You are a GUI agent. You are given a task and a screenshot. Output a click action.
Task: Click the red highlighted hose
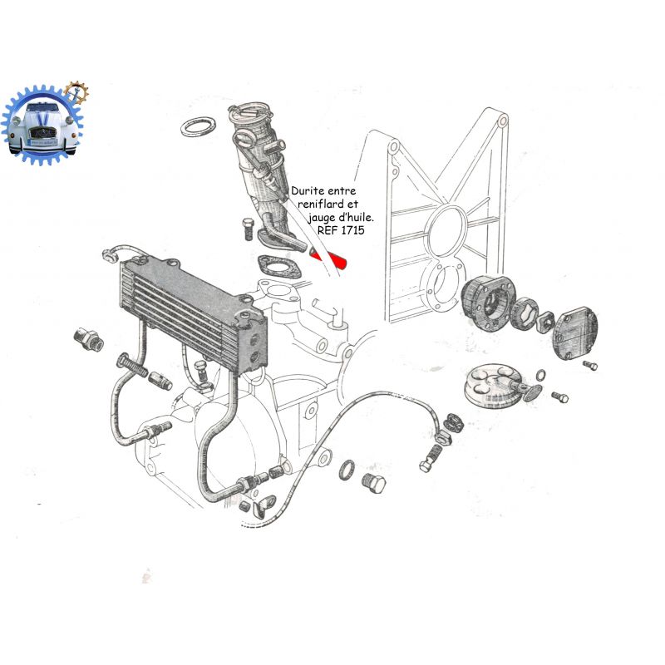[328, 259]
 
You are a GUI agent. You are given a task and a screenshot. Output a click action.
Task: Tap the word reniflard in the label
[321, 204]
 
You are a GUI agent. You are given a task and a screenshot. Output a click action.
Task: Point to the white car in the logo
[42, 127]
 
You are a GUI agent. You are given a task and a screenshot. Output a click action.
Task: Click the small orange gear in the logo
[76, 92]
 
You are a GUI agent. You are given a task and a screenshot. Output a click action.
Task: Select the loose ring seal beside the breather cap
[198, 126]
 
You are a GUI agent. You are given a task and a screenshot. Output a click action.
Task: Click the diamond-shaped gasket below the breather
[279, 266]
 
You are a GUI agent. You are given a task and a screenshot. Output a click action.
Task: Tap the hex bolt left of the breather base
[248, 229]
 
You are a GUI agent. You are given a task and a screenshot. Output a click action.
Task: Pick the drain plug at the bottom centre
[374, 482]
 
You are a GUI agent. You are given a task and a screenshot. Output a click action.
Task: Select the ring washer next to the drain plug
[347, 470]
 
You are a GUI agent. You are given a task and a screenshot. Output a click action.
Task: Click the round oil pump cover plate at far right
[575, 335]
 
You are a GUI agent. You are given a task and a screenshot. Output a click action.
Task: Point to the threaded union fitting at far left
[89, 339]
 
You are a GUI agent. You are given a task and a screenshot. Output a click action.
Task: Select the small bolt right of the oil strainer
[559, 397]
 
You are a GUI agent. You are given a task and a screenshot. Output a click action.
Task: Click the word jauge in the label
[322, 218]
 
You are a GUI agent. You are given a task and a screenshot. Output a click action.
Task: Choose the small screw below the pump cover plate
[590, 365]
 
